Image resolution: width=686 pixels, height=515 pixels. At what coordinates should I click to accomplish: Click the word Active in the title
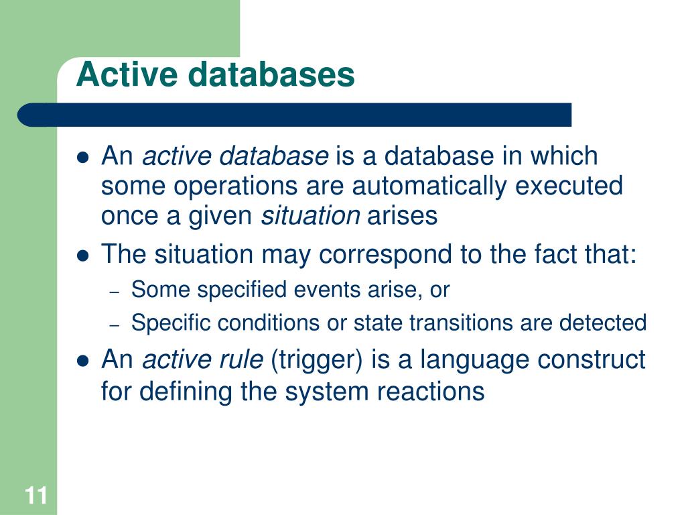[x=127, y=74]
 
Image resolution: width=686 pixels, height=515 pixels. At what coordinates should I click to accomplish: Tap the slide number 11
[x=36, y=496]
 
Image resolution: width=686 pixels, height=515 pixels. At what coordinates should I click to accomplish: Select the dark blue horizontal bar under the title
[x=294, y=115]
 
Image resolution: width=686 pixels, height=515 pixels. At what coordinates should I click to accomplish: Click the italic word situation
[x=310, y=215]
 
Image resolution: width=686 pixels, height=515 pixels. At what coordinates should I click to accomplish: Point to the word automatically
[x=429, y=186]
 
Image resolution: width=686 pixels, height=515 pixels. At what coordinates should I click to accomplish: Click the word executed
[x=569, y=185]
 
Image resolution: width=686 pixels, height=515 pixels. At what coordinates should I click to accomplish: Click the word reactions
[x=431, y=392]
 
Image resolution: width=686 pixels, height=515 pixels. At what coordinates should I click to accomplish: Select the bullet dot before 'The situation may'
[x=82, y=255]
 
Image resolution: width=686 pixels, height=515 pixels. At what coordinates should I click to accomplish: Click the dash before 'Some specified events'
[x=114, y=292]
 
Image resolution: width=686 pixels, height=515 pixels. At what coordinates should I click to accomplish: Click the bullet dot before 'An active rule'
[x=82, y=361]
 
